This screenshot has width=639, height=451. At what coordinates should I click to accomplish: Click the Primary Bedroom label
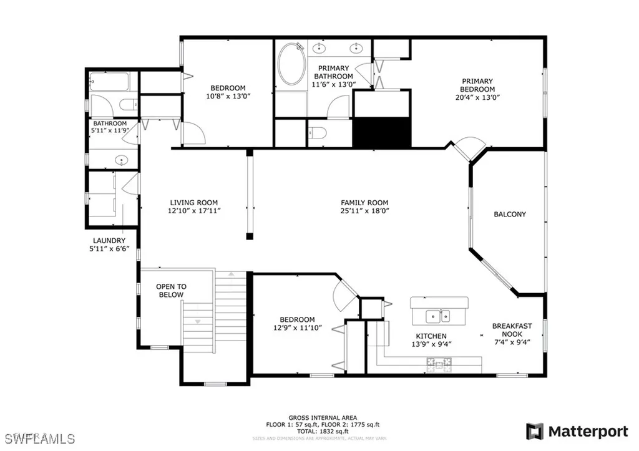tap(477, 81)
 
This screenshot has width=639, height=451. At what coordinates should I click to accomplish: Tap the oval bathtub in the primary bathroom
tap(290, 64)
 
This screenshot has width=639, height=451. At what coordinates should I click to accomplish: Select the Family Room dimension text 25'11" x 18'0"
tap(364, 211)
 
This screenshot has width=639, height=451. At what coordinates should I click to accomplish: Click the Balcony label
tap(510, 214)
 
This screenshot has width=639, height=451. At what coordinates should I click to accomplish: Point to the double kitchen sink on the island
tap(439, 316)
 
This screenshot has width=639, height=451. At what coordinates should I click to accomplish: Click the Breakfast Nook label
tap(511, 330)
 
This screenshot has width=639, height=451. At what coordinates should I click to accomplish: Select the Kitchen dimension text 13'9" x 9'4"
tap(431, 344)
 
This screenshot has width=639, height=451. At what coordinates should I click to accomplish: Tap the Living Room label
tap(194, 202)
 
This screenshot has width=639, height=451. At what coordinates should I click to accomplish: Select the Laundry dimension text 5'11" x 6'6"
tap(109, 250)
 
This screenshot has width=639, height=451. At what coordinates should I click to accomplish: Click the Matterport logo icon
tap(535, 431)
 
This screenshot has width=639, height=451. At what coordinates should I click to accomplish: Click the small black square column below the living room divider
tap(250, 236)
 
